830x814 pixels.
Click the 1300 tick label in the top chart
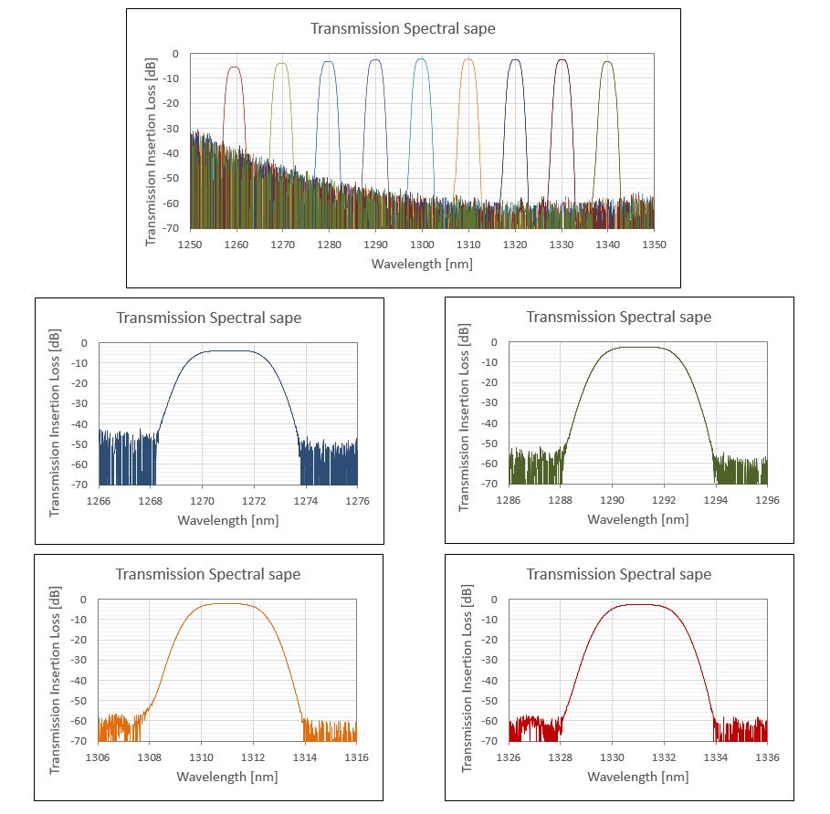click(x=422, y=245)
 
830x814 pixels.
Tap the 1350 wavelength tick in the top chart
click(x=654, y=245)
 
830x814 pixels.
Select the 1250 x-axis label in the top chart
click(x=191, y=245)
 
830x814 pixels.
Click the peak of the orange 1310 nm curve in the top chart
click(x=468, y=60)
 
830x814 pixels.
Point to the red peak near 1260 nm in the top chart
click(x=235, y=68)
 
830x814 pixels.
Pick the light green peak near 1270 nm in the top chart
click(x=281, y=64)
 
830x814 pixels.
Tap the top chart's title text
click(x=403, y=28)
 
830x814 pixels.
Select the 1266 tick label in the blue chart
click(x=99, y=501)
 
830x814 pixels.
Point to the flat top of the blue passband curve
click(x=227, y=350)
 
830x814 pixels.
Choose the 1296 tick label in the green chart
click(x=767, y=501)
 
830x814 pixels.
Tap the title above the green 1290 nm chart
click(x=618, y=317)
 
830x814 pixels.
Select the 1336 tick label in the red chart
click(x=767, y=758)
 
